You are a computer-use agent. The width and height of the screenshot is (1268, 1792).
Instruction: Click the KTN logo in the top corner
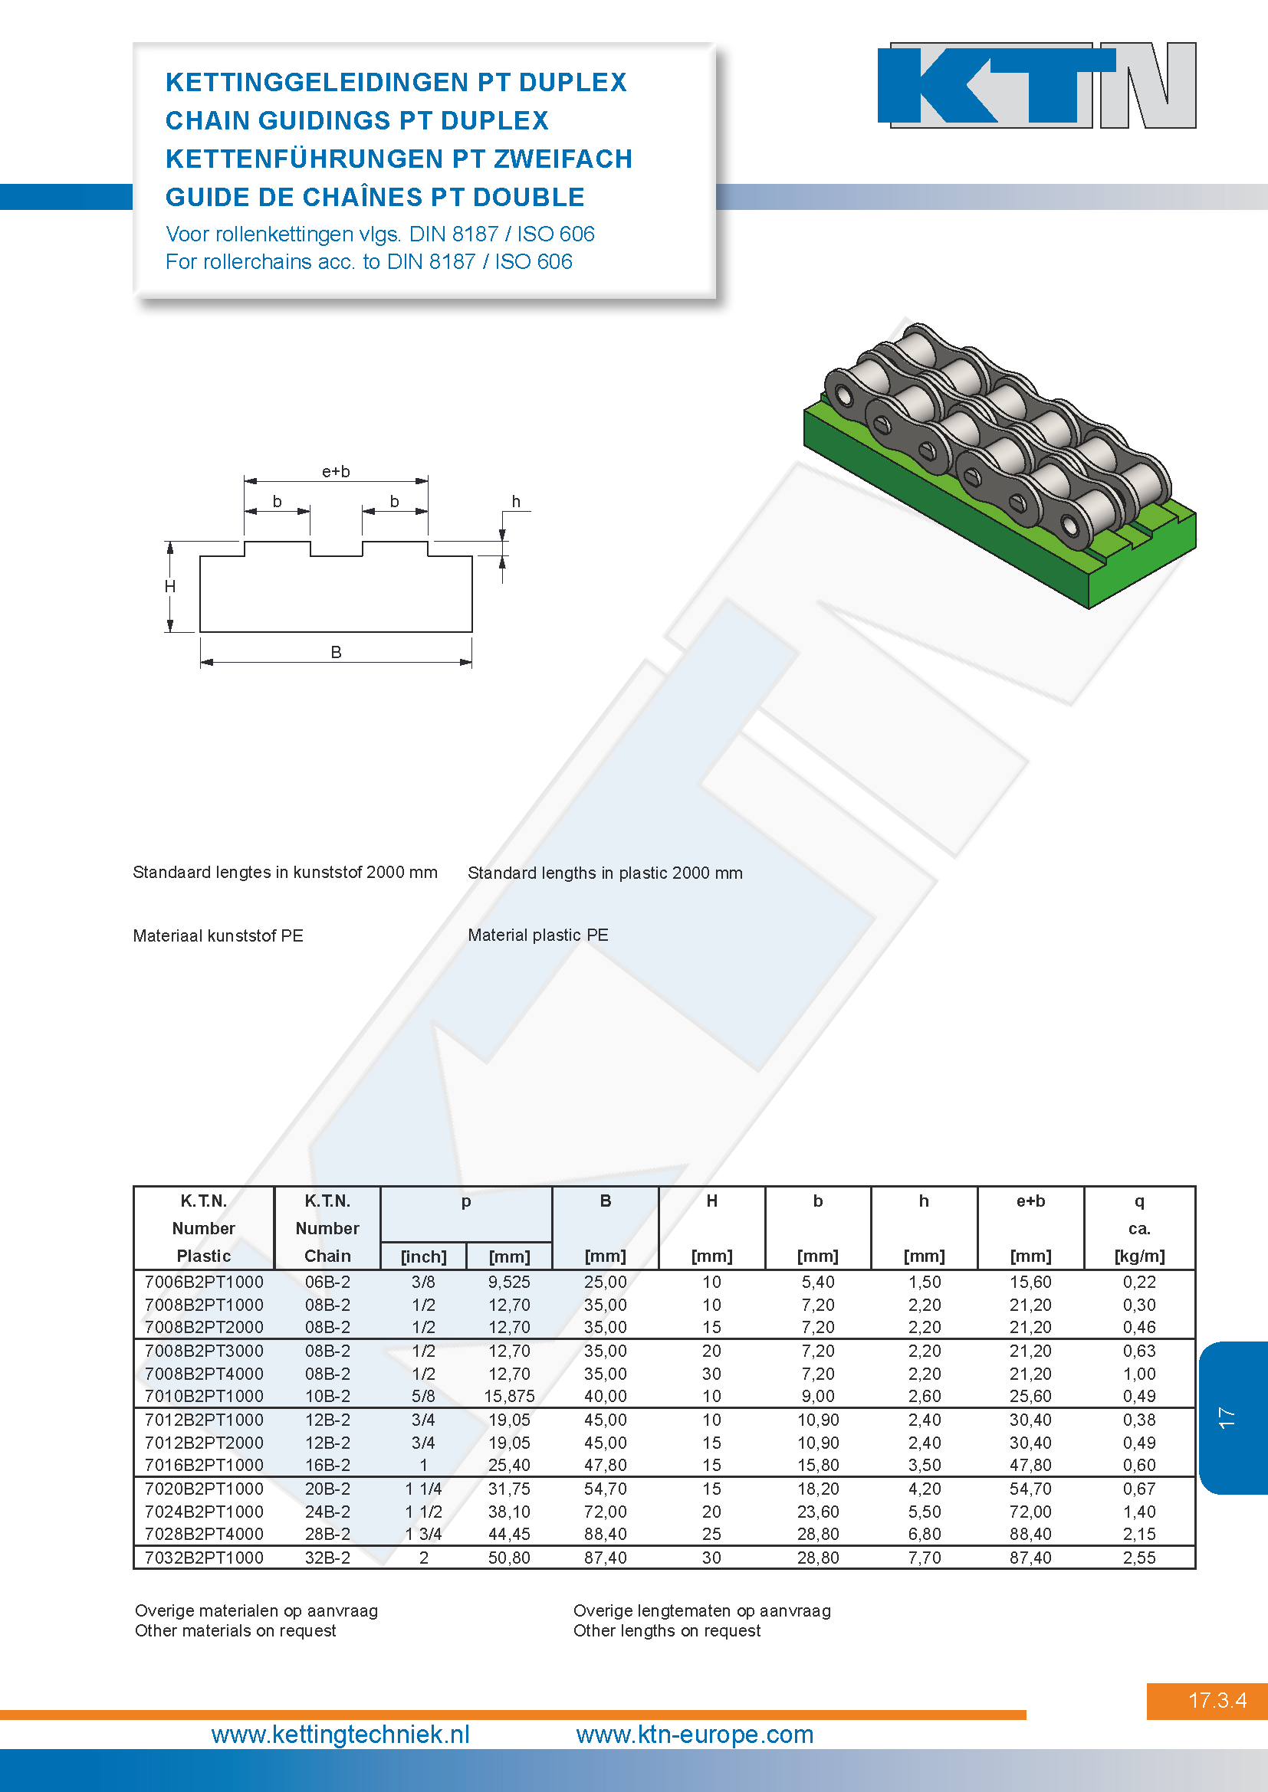pos(1036,85)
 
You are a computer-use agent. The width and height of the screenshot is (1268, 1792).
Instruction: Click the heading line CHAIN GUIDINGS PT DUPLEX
pos(356,120)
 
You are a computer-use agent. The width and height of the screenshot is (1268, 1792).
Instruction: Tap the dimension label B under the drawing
pos(336,652)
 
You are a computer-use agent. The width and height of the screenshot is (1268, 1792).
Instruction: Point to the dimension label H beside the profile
pos(170,586)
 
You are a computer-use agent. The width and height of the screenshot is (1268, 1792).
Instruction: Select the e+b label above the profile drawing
pos(336,471)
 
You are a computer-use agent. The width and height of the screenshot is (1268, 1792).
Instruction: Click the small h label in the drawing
pos(516,501)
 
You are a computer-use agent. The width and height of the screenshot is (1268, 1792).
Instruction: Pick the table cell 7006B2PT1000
pos(204,1282)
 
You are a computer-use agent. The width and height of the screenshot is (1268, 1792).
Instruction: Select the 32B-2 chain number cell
pos(328,1558)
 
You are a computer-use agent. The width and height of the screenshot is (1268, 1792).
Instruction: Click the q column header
pos(1139,1201)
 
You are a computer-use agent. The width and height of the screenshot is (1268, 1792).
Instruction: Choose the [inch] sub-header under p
pos(423,1256)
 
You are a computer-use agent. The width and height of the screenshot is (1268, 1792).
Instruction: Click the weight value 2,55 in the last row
pos(1139,1558)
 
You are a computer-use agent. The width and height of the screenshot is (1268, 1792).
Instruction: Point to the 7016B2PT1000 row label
pos(204,1465)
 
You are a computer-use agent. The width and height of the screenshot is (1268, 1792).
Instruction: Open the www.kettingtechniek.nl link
pos(340,1735)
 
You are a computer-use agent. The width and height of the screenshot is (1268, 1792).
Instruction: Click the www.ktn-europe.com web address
pos(695,1735)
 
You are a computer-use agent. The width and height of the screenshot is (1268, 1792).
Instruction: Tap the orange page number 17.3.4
pos(1217,1701)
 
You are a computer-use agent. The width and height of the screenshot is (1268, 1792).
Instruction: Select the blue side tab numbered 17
pos(1233,1417)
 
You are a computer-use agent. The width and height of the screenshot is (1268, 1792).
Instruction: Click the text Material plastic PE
pos(538,935)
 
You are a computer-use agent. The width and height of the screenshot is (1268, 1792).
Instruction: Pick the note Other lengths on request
pos(667,1630)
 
